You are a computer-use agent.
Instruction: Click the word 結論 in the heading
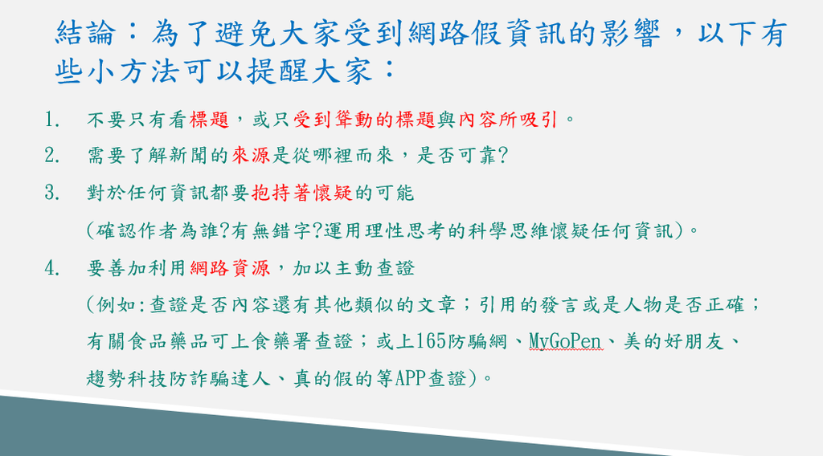tap(85, 32)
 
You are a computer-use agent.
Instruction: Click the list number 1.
tap(51, 120)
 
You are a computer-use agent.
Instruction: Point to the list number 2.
tap(51, 156)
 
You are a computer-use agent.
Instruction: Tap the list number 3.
tap(51, 193)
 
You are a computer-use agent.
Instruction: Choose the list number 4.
tap(51, 268)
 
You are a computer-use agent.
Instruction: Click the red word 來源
tap(251, 156)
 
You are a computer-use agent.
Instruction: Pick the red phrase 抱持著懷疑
tap(302, 193)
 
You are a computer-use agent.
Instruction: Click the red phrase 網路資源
tap(230, 268)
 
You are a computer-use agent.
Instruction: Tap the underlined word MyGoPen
tap(565, 342)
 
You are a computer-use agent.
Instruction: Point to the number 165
tap(432, 342)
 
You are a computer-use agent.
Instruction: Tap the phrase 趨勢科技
tap(127, 378)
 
